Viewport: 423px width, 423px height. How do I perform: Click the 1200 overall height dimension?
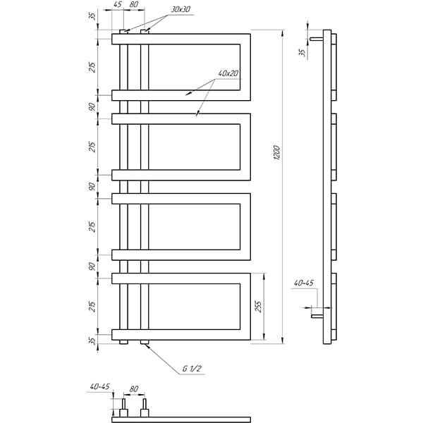point(277,153)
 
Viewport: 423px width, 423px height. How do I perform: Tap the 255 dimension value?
point(258,307)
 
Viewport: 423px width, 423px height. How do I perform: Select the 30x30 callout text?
point(180,9)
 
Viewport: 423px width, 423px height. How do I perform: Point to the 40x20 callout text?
point(228,73)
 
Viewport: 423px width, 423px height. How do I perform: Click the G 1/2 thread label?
point(192,369)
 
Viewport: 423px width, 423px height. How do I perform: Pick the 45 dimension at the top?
point(118,5)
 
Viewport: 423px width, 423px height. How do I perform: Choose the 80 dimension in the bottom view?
point(134,389)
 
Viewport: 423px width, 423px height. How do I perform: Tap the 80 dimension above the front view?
point(134,5)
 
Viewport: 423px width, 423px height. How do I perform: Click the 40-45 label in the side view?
point(304,283)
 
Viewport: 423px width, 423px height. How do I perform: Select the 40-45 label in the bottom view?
point(100,386)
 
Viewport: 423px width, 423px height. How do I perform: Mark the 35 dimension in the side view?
point(302,52)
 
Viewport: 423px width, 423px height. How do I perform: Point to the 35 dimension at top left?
point(92,16)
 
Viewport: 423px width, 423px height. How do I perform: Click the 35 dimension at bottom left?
point(92,341)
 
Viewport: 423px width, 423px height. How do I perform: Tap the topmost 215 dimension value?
point(92,67)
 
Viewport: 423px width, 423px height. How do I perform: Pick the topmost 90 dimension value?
point(92,107)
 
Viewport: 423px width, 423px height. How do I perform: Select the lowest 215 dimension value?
point(92,307)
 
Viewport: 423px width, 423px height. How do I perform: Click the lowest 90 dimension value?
point(92,266)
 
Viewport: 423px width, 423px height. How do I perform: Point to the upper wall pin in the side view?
point(317,39)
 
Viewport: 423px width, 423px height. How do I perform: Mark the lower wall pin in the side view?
point(317,316)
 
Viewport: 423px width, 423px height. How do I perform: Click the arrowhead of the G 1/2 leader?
point(147,345)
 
